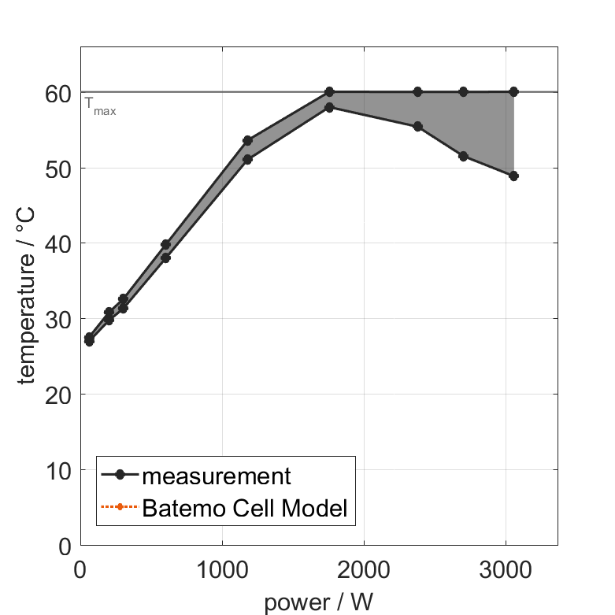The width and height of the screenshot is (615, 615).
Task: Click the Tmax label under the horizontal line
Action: coord(100,109)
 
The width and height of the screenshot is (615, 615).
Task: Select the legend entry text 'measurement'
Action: coord(216,476)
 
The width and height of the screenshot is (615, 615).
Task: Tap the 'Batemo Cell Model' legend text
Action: coord(244,508)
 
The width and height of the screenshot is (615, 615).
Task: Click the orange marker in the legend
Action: coord(119,507)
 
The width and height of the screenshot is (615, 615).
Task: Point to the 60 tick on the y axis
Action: coord(61,94)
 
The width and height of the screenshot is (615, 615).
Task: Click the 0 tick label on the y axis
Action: coord(65,546)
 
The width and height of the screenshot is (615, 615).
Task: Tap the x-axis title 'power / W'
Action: coord(318,602)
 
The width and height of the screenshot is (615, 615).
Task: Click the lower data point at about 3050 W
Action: coord(513,176)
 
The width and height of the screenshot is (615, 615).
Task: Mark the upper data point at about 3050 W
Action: coord(513,91)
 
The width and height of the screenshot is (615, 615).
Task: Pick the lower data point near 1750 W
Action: coord(329,106)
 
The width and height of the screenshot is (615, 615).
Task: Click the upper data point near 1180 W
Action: coord(247,140)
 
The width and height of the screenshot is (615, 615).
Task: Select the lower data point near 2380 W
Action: coord(417,126)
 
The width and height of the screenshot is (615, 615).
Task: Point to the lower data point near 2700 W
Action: coord(463,156)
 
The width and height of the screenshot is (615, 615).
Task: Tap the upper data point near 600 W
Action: coord(165,244)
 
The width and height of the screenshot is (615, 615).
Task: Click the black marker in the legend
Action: coord(119,475)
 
